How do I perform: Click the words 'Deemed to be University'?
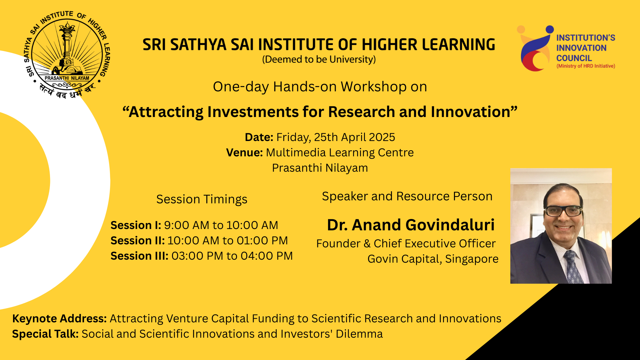pyautogui.click(x=319, y=60)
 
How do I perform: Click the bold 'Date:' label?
pyautogui.click(x=259, y=137)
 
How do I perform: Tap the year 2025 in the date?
pyautogui.click(x=382, y=137)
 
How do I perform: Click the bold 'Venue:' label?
pyautogui.click(x=244, y=153)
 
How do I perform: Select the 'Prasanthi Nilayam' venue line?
pyautogui.click(x=320, y=168)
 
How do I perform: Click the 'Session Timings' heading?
pyautogui.click(x=202, y=199)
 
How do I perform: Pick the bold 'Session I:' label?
pyautogui.click(x=136, y=225)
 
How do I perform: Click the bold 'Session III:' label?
pyautogui.click(x=139, y=256)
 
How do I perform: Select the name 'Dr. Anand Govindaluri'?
pyautogui.click(x=410, y=225)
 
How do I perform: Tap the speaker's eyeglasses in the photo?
pyautogui.click(x=563, y=211)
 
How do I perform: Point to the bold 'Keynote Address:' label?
pyautogui.click(x=59, y=319)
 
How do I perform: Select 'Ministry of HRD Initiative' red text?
pyautogui.click(x=586, y=66)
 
